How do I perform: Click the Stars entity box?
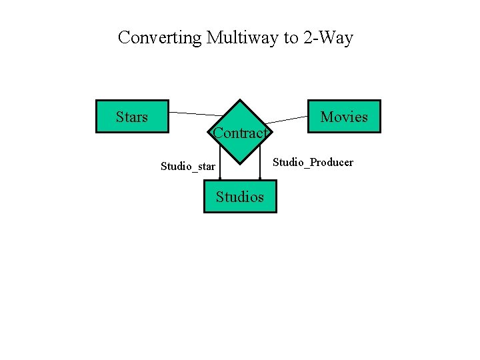[x=132, y=117]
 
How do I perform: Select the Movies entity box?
[x=344, y=117]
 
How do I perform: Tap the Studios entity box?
[x=239, y=196]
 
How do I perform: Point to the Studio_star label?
[x=188, y=166]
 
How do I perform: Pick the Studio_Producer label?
[x=313, y=163]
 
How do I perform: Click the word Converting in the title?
[x=159, y=38]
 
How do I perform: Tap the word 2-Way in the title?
[x=327, y=38]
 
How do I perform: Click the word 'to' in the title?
[x=291, y=38]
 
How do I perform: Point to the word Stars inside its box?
[x=132, y=117]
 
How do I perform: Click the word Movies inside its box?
[x=344, y=117]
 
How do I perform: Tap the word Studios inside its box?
[x=239, y=197]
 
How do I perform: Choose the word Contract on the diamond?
[x=239, y=133]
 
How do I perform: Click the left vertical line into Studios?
[x=220, y=167]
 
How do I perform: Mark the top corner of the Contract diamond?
[x=240, y=100]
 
